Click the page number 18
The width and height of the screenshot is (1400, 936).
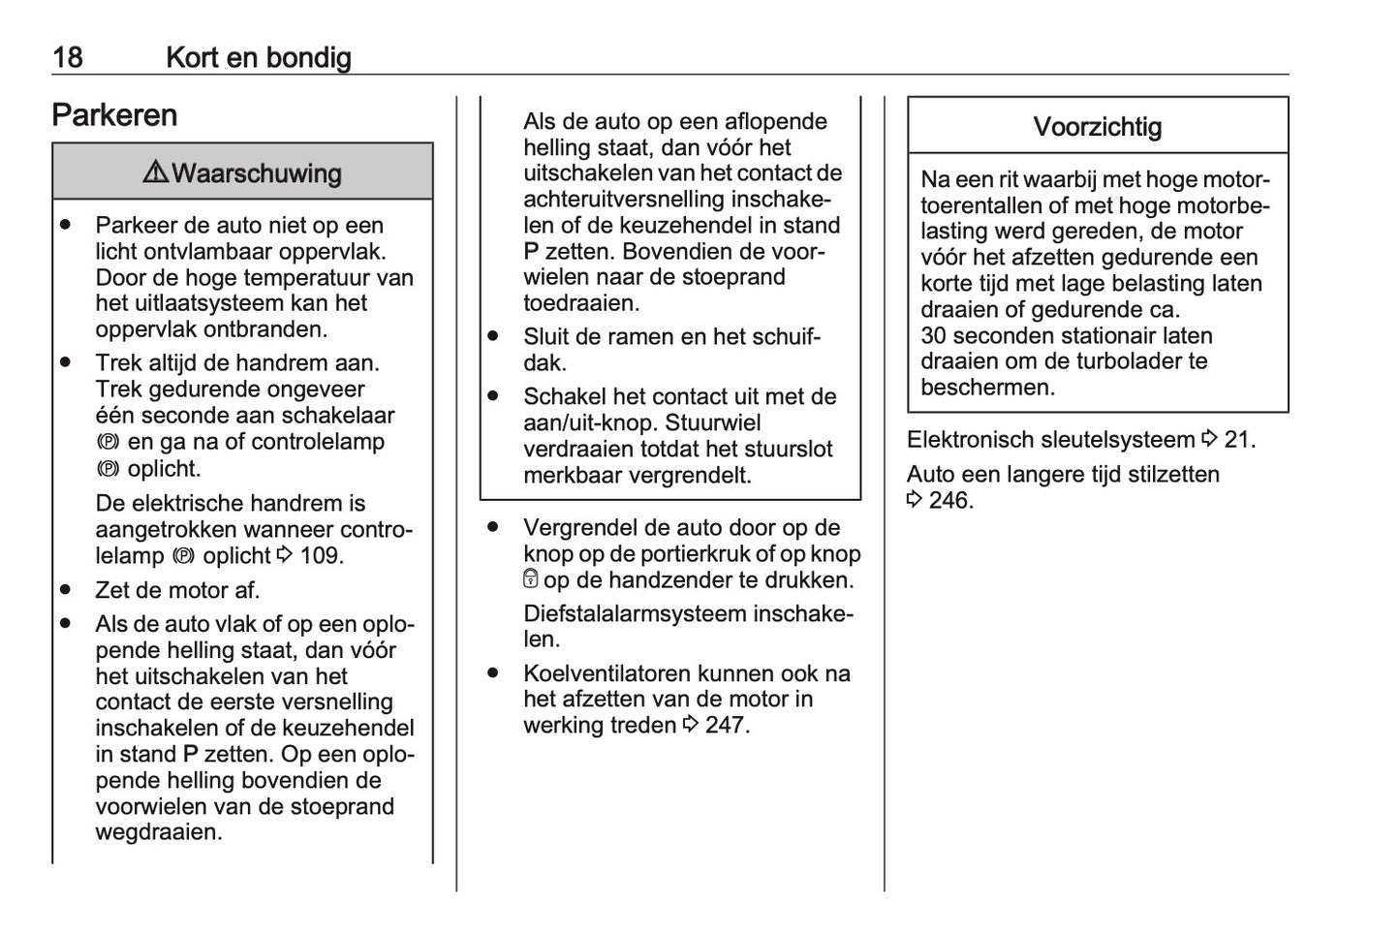pos(67,57)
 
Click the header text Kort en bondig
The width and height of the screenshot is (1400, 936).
pos(258,57)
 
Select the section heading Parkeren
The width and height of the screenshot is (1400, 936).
pos(114,115)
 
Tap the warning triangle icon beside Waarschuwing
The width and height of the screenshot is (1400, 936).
pos(155,172)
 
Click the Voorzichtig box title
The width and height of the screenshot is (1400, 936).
pos(1097,127)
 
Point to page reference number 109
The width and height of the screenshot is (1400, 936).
pos(321,556)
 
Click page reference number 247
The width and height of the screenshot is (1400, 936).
pos(726,726)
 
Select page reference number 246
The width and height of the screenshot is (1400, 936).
pos(949,501)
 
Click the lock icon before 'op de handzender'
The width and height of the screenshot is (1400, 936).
pos(530,579)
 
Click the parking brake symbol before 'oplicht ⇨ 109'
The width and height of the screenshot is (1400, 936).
pos(184,556)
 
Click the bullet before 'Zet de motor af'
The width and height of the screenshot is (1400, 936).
pos(65,589)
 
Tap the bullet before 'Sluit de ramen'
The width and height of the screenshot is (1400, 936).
pos(493,336)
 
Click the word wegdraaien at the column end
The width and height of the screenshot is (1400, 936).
pos(158,832)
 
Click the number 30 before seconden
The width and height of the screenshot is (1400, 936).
pos(934,336)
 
